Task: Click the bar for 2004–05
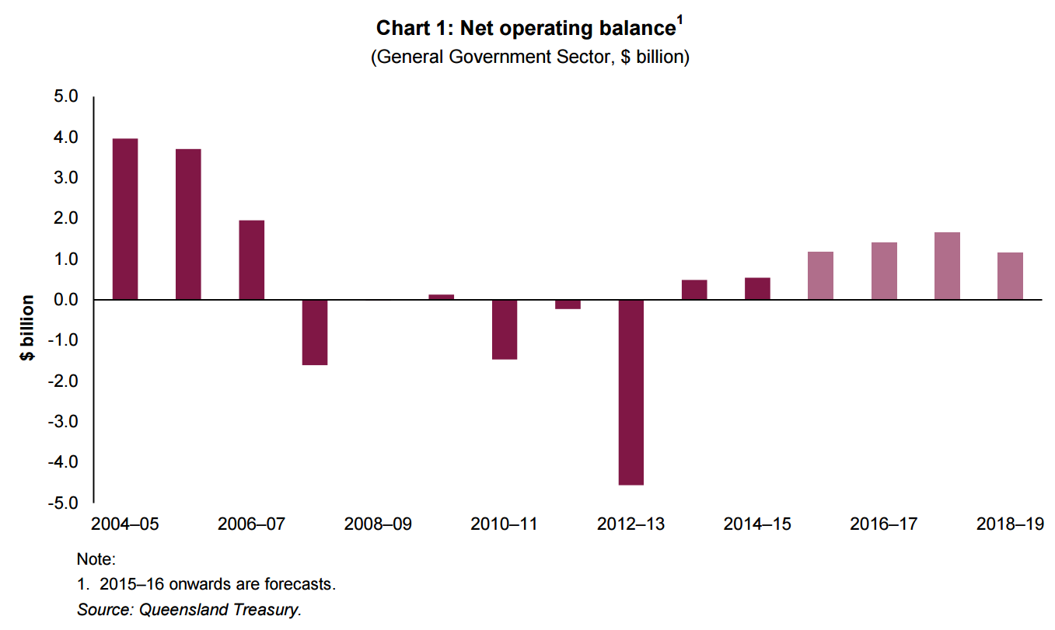click(125, 219)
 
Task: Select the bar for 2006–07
click(252, 260)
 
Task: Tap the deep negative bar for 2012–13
click(631, 392)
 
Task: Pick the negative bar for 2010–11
click(505, 329)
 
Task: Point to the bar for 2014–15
click(758, 289)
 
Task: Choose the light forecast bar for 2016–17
click(884, 271)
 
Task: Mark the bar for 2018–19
click(1011, 276)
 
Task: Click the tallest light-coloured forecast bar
click(947, 266)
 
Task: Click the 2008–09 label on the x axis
click(378, 524)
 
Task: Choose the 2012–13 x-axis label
click(631, 524)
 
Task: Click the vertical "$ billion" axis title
click(28, 327)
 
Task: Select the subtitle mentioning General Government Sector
click(530, 57)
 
